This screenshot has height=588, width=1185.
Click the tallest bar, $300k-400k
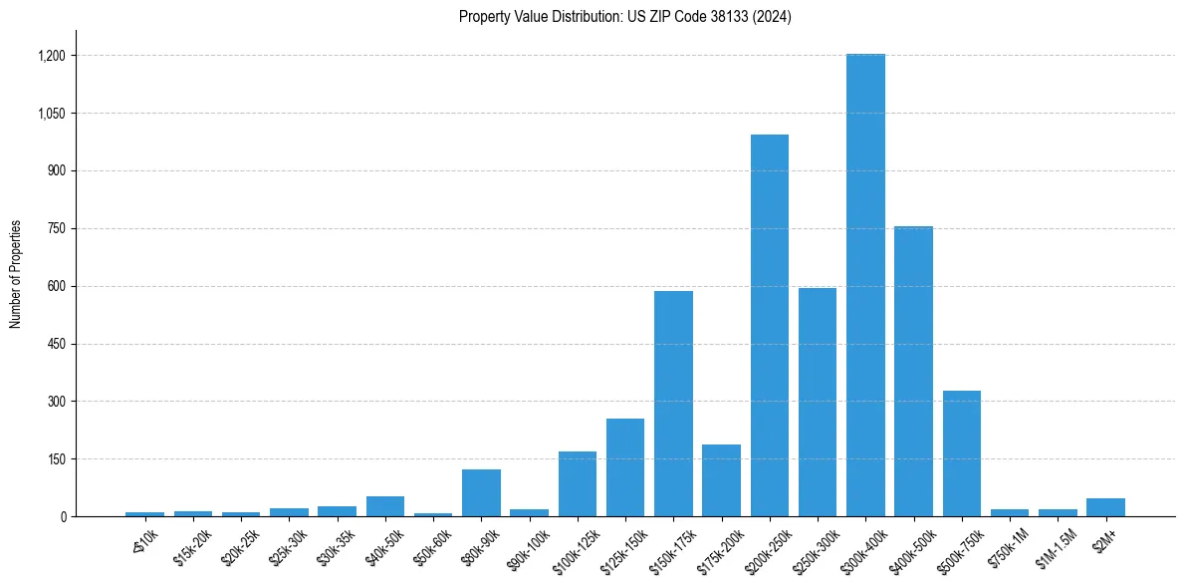coord(865,285)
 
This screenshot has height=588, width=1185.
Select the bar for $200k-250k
coord(769,326)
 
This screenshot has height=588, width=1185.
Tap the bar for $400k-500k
coord(913,372)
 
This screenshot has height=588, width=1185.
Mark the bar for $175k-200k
coord(721,480)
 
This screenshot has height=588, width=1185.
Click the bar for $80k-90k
coord(481,492)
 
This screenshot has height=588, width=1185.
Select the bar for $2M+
coord(1105,507)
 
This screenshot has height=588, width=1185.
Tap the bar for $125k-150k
coord(625,467)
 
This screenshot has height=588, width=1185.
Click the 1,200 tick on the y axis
coord(52,56)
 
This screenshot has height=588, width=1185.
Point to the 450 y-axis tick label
coord(57,344)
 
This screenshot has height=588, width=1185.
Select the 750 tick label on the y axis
coord(57,228)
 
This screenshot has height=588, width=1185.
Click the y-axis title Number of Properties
coord(16,274)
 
